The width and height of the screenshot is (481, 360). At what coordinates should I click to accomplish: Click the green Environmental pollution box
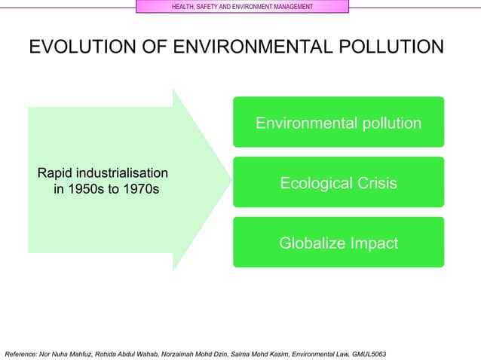click(338, 122)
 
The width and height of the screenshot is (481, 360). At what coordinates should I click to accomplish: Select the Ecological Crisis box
click(338, 182)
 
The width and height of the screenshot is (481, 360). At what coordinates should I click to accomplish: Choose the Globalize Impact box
click(338, 243)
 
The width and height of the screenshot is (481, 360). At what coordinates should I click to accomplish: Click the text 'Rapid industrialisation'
click(103, 172)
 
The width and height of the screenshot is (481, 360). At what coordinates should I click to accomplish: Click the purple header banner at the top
click(242, 7)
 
